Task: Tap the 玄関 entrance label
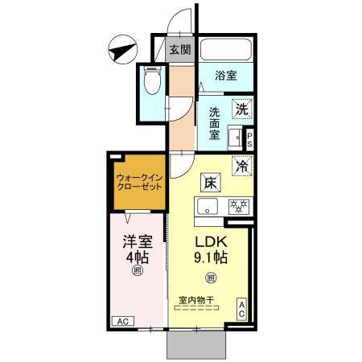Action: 180,50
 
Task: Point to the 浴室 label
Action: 226,76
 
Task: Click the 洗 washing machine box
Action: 241,108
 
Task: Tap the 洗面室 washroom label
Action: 216,124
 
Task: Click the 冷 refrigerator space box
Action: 241,167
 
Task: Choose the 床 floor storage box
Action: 209,183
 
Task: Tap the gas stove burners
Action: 238,206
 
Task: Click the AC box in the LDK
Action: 242,310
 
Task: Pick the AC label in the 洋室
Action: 122,321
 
